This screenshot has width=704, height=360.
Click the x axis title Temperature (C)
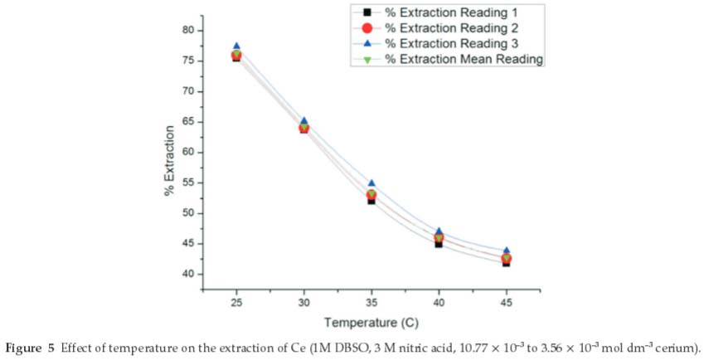371,322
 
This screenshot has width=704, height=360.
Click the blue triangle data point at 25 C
236,46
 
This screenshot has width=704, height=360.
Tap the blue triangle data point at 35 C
371,183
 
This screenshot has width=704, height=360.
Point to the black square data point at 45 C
506,262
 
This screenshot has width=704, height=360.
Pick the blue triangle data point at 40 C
439,231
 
